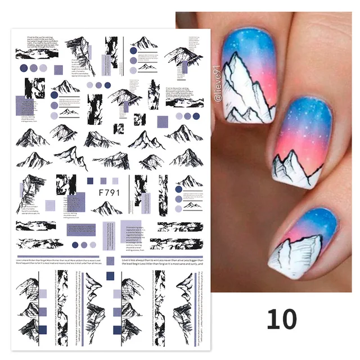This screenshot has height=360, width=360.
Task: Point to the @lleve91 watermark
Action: click(x=218, y=85)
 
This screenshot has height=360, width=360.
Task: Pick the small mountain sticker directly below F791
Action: click(x=107, y=209)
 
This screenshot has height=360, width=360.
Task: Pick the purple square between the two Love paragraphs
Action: click(x=110, y=276)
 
